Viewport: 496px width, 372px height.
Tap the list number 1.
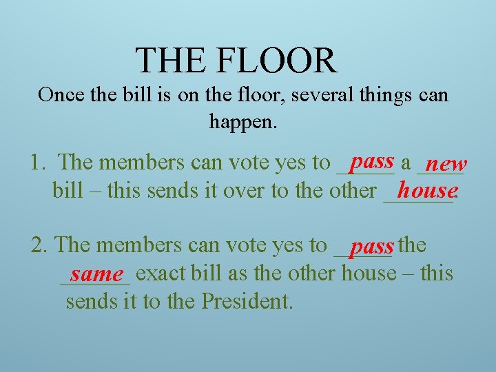click(38, 163)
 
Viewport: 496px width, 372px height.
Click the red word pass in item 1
click(372, 161)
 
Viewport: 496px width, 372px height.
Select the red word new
click(446, 164)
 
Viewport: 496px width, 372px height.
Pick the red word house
click(427, 189)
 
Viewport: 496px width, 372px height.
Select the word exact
click(163, 273)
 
